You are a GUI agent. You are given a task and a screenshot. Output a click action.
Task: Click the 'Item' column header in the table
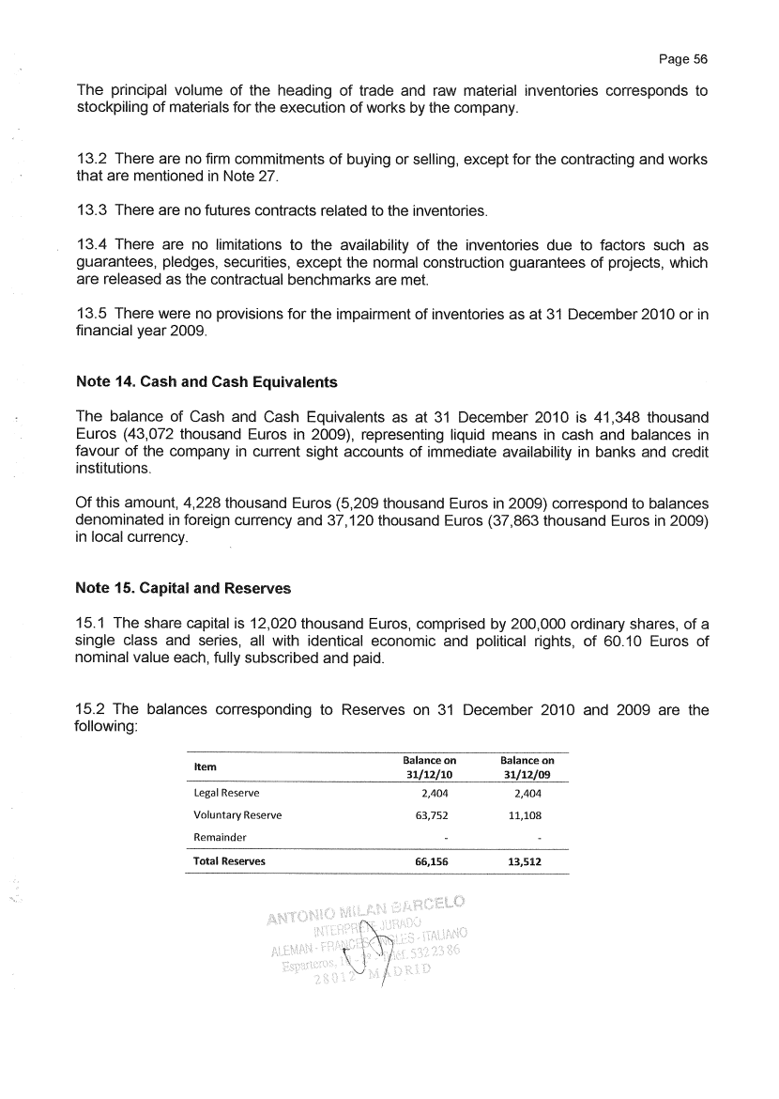point(204,767)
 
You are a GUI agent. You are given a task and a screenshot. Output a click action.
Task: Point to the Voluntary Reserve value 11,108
point(527,815)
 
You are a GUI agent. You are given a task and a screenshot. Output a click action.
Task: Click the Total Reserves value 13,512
point(527,860)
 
